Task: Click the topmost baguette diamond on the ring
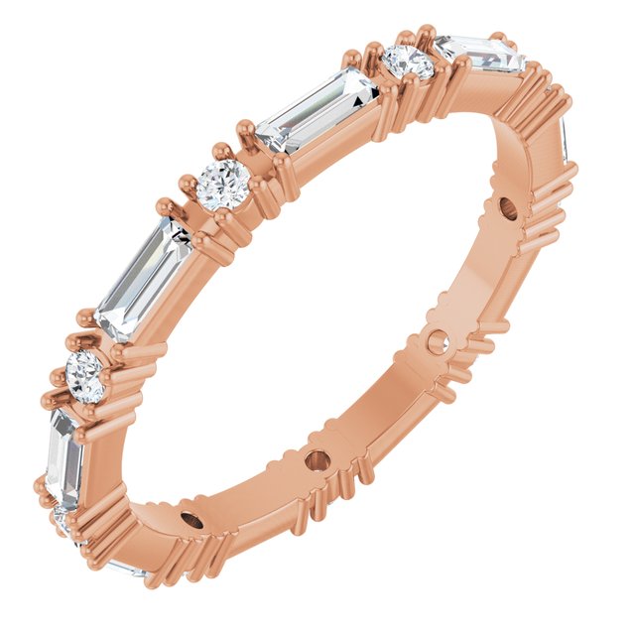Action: pos(479,55)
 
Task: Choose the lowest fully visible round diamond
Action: pos(85,376)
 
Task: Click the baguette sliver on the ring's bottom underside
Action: pos(129,569)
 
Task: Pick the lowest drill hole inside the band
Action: pos(191,522)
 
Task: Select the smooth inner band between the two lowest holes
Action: pos(254,496)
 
